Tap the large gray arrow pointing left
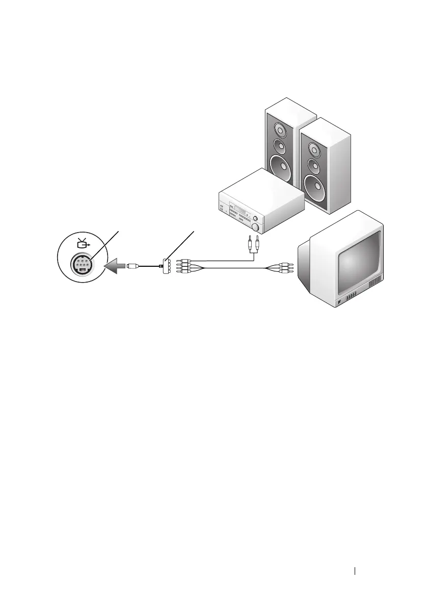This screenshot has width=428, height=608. click(x=115, y=265)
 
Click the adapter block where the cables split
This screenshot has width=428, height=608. click(x=163, y=265)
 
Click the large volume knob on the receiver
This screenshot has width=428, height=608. click(x=255, y=226)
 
